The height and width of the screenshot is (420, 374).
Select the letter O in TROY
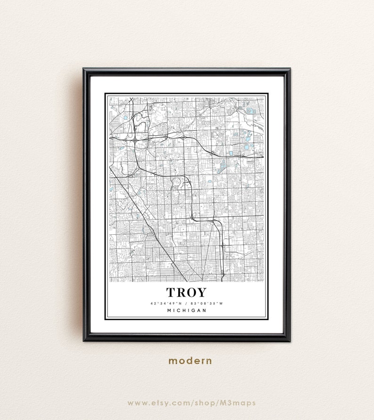point(192,292)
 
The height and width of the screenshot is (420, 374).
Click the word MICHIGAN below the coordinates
point(187,310)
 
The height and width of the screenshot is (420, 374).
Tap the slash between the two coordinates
point(187,303)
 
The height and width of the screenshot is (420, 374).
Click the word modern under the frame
point(190,361)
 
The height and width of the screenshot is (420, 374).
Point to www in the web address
point(137,403)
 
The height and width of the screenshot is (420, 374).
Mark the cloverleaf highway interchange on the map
point(135,140)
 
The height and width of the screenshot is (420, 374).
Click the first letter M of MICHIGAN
point(169,310)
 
